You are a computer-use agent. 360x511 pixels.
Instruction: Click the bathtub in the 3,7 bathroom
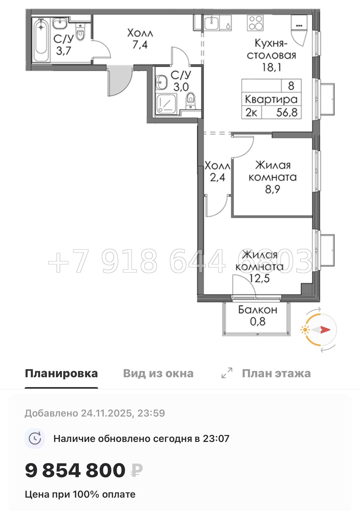coord(41,40)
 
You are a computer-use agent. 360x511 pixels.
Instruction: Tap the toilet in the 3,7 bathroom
coord(80,32)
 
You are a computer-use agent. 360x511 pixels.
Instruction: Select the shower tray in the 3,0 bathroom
coord(166,104)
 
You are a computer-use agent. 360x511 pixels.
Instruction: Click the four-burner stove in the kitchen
coord(256,23)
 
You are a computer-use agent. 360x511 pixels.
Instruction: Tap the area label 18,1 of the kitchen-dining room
coord(271,67)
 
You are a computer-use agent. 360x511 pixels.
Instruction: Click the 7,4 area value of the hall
coord(140,44)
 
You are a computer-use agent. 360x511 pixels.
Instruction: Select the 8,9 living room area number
coord(272,189)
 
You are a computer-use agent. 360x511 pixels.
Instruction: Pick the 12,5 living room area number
coord(259,278)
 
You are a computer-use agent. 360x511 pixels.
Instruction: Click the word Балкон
coord(258,310)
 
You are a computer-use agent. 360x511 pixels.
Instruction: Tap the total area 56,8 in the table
coord(287,112)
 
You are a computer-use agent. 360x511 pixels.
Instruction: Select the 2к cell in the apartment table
coord(251,112)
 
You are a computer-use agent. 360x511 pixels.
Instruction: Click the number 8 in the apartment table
coord(291,86)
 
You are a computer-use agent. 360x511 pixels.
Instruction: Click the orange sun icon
coord(305,330)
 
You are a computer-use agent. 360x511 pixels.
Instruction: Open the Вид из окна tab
coord(158,373)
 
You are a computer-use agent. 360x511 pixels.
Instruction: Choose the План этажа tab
coord(276,373)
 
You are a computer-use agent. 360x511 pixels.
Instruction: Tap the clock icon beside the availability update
coord(35,439)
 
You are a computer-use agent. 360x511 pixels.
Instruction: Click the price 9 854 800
coord(75,470)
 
